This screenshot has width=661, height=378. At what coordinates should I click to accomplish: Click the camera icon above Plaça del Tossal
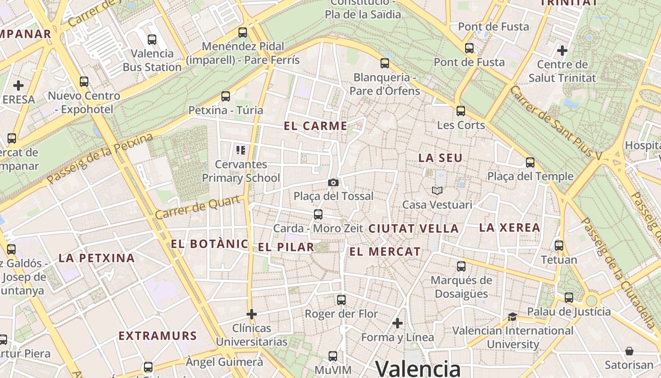333,182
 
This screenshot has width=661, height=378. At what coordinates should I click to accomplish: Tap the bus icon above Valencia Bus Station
152,39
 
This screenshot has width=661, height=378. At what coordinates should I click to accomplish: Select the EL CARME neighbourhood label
316,126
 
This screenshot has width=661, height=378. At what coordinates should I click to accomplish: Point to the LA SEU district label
440,158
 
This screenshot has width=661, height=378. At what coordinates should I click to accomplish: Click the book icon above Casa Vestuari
437,190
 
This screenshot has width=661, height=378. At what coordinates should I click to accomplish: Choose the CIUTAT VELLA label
413,229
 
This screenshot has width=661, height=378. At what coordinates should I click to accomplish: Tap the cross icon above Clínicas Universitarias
252,314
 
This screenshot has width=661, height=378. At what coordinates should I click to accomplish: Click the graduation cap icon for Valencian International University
512,317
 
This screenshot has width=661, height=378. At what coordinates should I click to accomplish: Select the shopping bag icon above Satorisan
629,351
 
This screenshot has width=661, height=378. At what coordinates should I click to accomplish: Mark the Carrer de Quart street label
200,208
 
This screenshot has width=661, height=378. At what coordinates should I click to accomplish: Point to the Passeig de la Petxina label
100,158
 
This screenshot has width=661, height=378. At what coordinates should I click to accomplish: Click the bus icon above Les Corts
461,111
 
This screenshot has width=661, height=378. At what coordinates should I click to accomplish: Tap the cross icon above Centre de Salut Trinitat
562,50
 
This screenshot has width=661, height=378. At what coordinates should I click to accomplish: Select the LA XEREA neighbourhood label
509,228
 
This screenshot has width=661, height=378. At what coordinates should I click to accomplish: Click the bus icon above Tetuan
559,246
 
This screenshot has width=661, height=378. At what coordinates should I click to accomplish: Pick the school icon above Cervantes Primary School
241,150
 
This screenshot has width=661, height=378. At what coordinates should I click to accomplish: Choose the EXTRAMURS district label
157,336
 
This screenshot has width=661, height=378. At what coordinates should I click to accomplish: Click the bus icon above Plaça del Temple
530,163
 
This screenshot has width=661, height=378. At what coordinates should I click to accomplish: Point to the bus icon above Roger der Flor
341,300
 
